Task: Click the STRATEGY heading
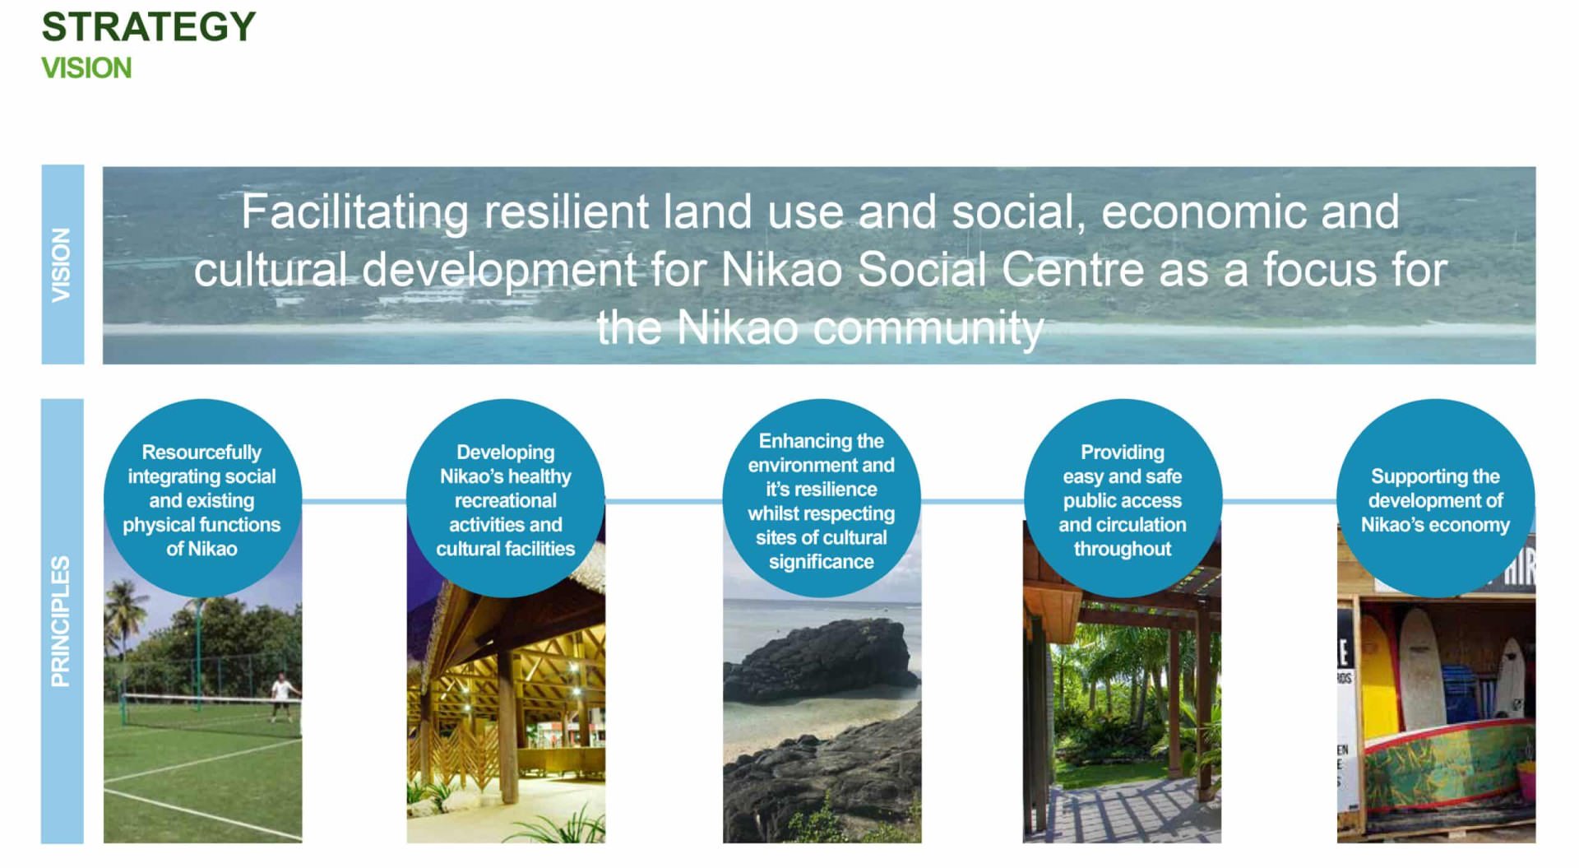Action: (x=149, y=26)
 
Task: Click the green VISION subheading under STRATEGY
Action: (x=86, y=67)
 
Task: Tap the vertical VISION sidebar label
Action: (x=62, y=265)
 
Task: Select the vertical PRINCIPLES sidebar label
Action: (x=61, y=621)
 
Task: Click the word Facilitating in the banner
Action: (x=354, y=212)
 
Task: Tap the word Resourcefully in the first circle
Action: (x=201, y=453)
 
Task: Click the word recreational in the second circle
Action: (x=506, y=500)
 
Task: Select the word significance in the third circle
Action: (x=822, y=562)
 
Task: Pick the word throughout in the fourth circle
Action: (x=1123, y=549)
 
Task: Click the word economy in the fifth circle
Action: (x=1471, y=525)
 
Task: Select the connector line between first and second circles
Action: (x=354, y=500)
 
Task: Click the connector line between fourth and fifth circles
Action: (x=1279, y=500)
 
